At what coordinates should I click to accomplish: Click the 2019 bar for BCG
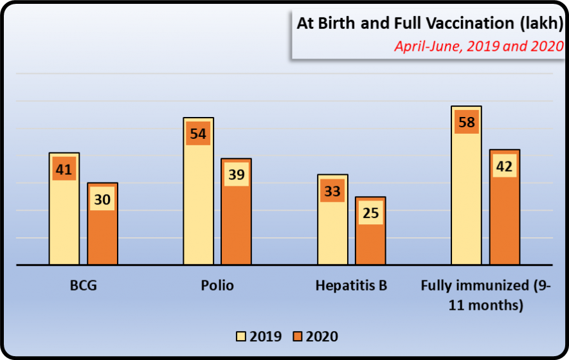click(x=64, y=219)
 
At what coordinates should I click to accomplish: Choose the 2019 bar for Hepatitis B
click(x=332, y=231)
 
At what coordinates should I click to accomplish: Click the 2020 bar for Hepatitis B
click(x=370, y=241)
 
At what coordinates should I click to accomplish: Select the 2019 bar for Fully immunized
click(x=466, y=199)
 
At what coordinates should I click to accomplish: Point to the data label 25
click(x=370, y=213)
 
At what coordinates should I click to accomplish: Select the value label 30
click(x=102, y=199)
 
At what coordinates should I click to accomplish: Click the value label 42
click(x=505, y=166)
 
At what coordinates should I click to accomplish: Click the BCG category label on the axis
click(x=84, y=285)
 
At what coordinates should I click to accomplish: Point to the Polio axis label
click(x=217, y=285)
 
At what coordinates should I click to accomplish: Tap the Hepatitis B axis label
click(x=351, y=285)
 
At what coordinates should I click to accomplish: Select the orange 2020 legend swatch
click(x=296, y=336)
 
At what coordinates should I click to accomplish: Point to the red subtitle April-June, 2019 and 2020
click(x=478, y=46)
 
